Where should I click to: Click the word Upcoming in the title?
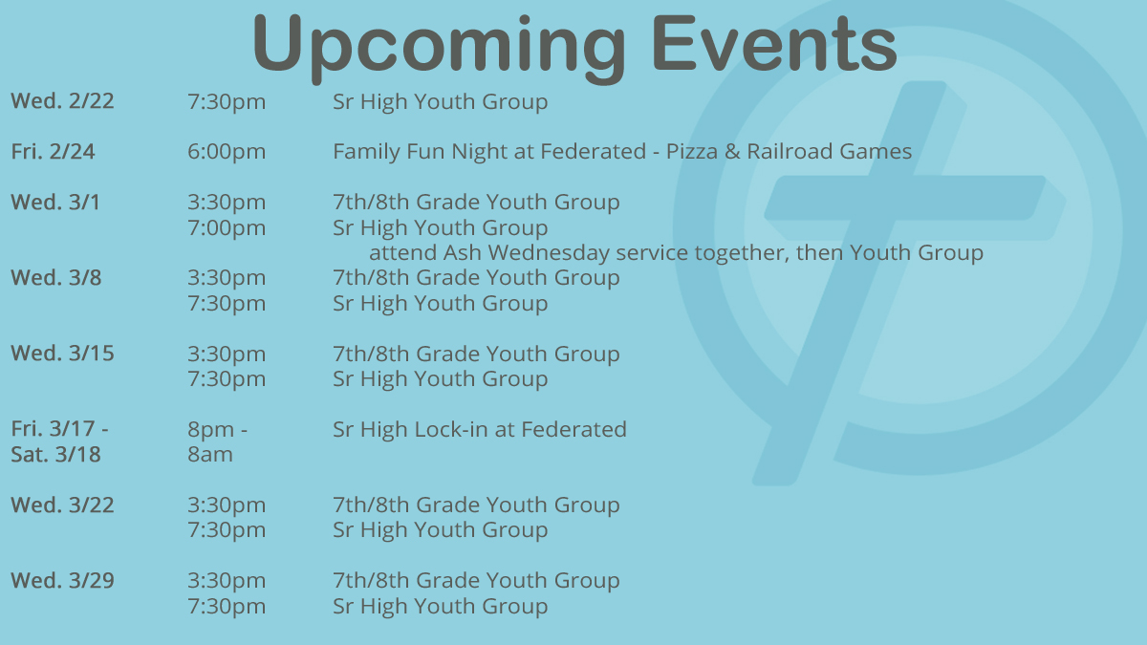(439, 46)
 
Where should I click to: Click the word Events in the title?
(774, 43)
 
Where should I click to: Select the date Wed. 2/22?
(62, 101)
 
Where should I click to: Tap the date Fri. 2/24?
(53, 152)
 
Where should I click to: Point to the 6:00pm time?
(227, 152)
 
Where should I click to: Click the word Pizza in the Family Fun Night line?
(692, 152)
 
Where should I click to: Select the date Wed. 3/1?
(55, 203)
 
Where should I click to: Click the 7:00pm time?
(227, 227)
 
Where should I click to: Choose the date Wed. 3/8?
(56, 278)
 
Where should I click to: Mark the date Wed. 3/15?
(62, 354)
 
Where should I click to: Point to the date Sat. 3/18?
(55, 455)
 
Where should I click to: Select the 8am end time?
(210, 455)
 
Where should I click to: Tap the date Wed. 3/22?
(62, 505)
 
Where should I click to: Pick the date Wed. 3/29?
(62, 581)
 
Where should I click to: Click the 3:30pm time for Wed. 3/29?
(227, 581)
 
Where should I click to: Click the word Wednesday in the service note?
(549, 253)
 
